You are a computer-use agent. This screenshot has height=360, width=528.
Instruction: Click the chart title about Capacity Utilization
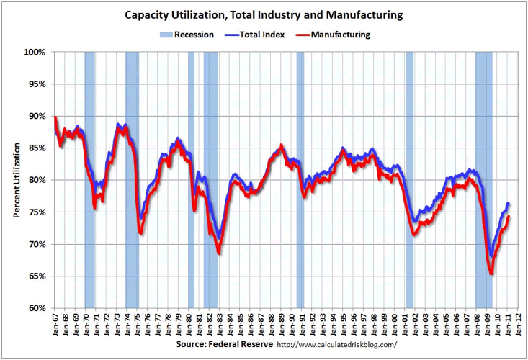click(x=264, y=14)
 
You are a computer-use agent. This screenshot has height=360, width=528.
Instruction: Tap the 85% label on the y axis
click(x=36, y=148)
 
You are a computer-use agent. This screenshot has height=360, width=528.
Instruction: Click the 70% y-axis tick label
click(x=36, y=244)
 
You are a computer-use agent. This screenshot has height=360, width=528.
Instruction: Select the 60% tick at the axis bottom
click(x=36, y=308)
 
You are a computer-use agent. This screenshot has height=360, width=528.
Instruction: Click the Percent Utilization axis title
click(x=17, y=180)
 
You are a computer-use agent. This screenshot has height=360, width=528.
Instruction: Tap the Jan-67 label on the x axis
click(x=55, y=324)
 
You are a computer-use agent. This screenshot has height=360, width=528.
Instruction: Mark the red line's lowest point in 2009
click(x=491, y=274)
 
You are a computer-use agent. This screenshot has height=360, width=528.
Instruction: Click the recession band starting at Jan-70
click(x=90, y=180)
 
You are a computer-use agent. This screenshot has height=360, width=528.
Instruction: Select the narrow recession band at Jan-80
click(x=192, y=180)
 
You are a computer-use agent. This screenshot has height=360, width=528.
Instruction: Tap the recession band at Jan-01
click(x=409, y=180)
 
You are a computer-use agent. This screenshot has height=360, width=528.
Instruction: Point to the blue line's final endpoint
click(x=509, y=204)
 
